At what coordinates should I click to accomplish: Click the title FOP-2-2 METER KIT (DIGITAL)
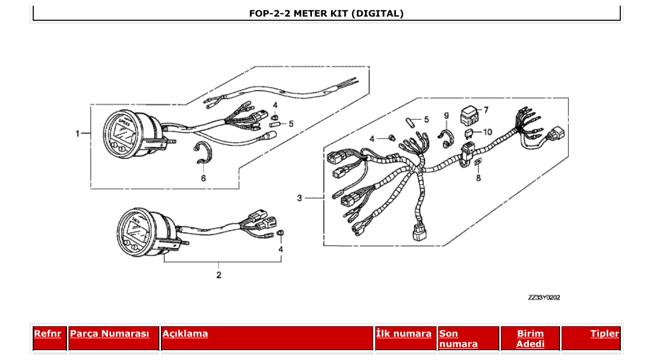(326, 13)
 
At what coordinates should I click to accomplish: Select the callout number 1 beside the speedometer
(78, 133)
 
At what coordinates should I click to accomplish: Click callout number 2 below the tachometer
(219, 274)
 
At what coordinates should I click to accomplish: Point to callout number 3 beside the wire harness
(299, 198)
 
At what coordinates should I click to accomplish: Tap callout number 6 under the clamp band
(203, 178)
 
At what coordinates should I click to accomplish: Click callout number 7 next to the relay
(486, 110)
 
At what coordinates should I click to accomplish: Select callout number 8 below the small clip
(478, 177)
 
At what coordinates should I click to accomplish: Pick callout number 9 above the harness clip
(446, 115)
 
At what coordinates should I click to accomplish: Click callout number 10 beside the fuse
(487, 132)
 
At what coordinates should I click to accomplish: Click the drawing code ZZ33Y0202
(543, 298)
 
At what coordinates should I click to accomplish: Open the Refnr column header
(47, 334)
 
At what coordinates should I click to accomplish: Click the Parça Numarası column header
(110, 334)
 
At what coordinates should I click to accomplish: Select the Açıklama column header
(185, 334)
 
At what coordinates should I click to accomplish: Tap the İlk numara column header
(404, 334)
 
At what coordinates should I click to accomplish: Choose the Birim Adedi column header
(530, 338)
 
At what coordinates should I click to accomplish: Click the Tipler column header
(604, 334)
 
